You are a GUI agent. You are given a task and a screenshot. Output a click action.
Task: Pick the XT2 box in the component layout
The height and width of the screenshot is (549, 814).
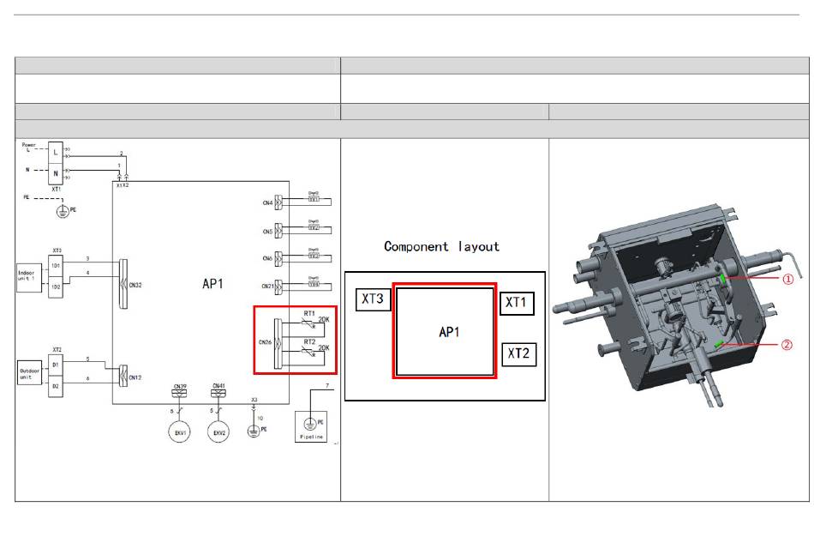pos(518,353)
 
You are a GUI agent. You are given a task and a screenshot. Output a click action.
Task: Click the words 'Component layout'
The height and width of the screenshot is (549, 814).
pos(441,246)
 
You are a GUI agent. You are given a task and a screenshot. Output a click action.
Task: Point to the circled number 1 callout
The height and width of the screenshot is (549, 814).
pos(787,279)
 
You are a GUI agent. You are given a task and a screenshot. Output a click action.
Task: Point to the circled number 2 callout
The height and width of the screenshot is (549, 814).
pos(787,346)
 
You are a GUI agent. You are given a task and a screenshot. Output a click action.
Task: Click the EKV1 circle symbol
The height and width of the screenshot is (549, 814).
pos(180,433)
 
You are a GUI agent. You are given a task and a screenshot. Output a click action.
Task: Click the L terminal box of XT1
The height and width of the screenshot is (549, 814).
pos(57,151)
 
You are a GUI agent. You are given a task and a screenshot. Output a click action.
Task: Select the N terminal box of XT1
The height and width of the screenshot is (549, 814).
pos(57,172)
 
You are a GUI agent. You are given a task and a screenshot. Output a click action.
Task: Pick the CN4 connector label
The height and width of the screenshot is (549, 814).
pos(267,203)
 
